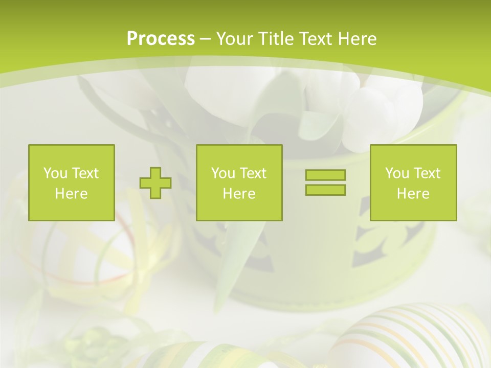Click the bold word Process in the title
click(x=161, y=39)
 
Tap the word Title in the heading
click(x=276, y=39)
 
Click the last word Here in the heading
click(x=356, y=39)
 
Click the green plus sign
click(x=155, y=183)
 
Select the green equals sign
click(x=325, y=182)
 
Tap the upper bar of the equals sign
click(x=325, y=175)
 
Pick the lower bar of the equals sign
click(x=325, y=190)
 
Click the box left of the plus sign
click(x=72, y=183)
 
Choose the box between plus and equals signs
click(x=239, y=183)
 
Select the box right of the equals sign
click(x=413, y=183)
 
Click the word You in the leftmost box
click(x=55, y=173)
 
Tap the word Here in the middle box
click(x=239, y=194)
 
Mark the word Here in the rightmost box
click(x=413, y=194)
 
